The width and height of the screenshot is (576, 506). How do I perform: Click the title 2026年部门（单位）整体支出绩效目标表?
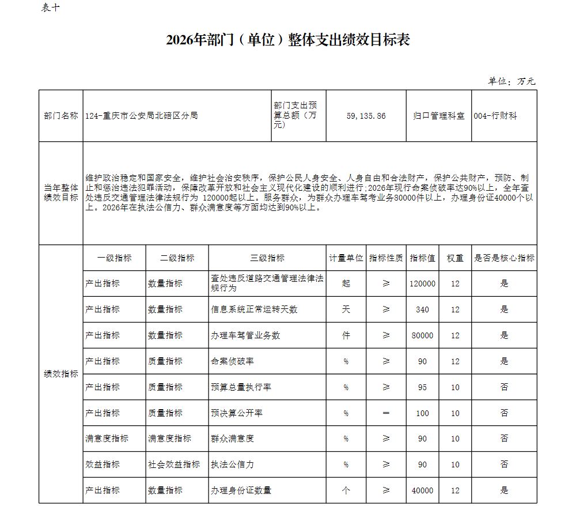point(287,40)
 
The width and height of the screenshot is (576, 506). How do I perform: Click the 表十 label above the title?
point(50,7)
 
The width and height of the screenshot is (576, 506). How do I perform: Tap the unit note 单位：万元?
point(511,81)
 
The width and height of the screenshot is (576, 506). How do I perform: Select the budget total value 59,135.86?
point(366,116)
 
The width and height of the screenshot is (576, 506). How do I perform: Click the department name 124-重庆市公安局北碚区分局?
point(142,116)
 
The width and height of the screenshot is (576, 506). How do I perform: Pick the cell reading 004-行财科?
point(495,116)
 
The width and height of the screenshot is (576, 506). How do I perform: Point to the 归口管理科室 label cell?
point(439,116)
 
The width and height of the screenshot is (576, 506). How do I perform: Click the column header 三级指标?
point(267,258)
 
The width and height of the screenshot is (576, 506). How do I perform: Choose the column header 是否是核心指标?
point(504,258)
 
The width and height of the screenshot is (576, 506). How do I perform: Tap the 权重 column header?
point(455,258)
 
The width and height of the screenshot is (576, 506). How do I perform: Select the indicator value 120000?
point(422,284)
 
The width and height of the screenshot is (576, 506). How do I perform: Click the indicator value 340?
point(422,309)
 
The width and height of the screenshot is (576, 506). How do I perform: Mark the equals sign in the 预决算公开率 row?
point(386,413)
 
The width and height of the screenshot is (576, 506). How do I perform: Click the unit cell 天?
point(346,309)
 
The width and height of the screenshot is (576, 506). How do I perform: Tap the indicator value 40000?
point(422,490)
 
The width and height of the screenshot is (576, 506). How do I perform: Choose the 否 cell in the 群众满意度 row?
point(504,439)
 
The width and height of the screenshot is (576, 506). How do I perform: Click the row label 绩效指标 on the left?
point(61,374)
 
